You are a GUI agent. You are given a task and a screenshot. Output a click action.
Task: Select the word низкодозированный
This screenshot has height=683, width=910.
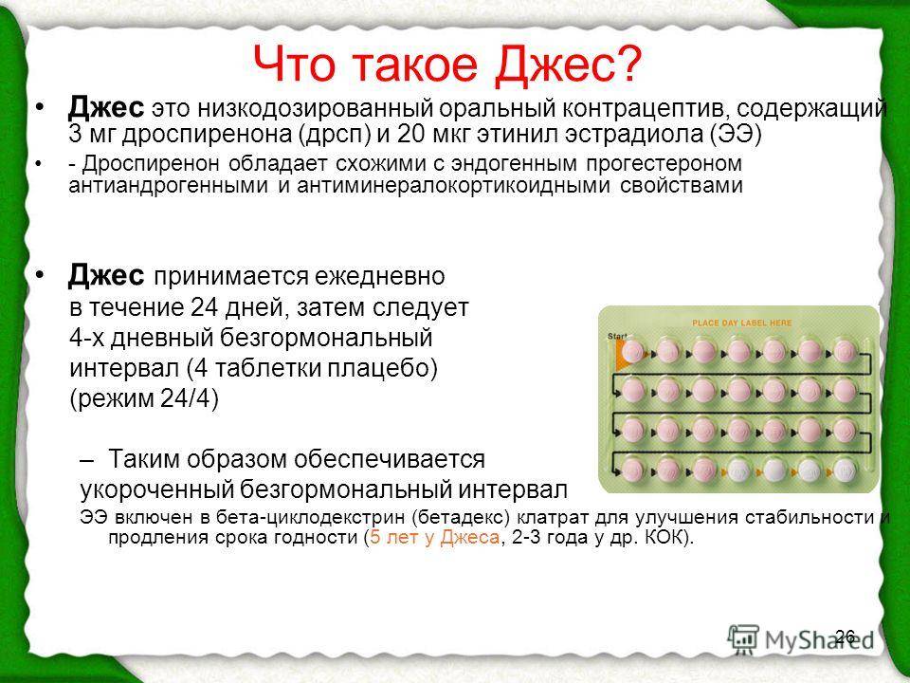(x=324, y=109)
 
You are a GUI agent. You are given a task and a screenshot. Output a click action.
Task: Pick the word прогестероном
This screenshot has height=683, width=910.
(x=664, y=164)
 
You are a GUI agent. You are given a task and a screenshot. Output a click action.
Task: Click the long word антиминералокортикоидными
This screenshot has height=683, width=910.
(x=453, y=185)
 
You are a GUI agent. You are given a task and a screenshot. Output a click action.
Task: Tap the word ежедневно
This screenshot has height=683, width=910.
(x=379, y=276)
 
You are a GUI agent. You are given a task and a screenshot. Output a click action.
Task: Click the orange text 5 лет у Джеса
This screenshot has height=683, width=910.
(x=434, y=537)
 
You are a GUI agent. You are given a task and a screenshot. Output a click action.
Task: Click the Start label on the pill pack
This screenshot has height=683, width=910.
(x=617, y=336)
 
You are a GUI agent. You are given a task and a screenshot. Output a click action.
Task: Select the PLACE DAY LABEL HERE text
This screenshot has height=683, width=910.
(x=741, y=323)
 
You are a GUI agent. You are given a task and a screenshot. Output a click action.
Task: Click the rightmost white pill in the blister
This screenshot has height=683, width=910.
(x=845, y=470)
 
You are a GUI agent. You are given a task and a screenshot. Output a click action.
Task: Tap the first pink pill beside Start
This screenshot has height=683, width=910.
(x=632, y=351)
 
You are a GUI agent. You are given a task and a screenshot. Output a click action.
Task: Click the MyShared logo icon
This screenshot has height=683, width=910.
(x=743, y=639)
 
